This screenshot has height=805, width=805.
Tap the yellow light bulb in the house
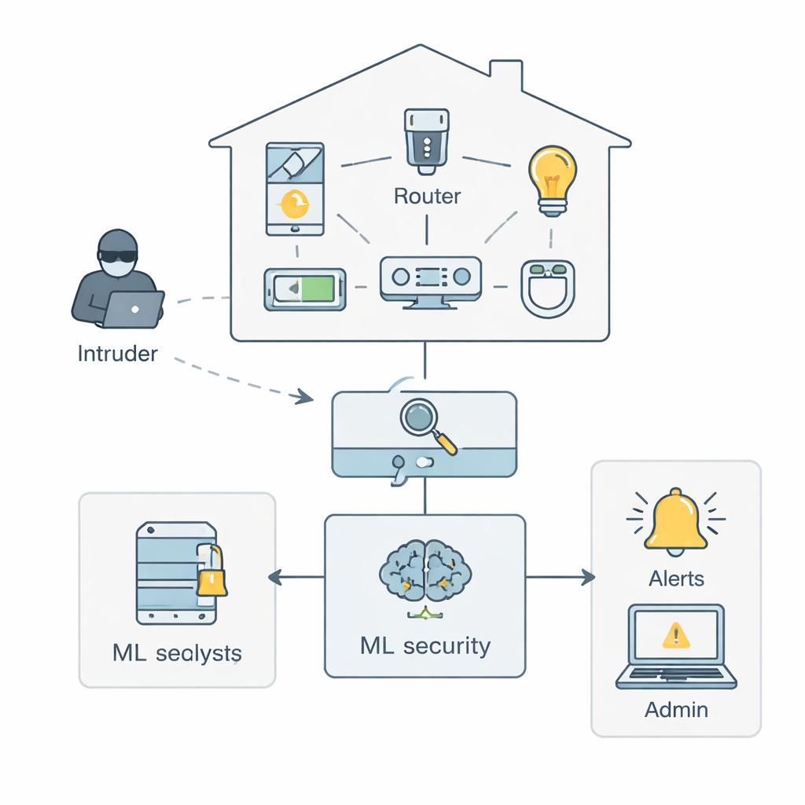[x=553, y=178]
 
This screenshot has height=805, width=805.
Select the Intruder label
[x=118, y=354]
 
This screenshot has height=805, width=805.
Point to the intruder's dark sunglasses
[x=118, y=256]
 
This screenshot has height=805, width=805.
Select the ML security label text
[x=425, y=646]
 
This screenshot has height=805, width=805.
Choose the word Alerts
[x=676, y=579]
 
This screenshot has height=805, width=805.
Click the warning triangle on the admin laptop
[x=676, y=634]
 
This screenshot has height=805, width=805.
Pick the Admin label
[x=676, y=710]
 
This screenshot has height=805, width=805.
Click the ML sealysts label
[x=177, y=652]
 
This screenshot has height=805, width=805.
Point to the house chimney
[x=505, y=76]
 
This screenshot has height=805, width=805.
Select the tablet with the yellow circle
[x=295, y=189]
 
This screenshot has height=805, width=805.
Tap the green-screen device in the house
[x=305, y=289]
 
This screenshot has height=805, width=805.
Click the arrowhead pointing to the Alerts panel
[x=588, y=578]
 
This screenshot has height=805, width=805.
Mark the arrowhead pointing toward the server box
[x=275, y=578]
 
